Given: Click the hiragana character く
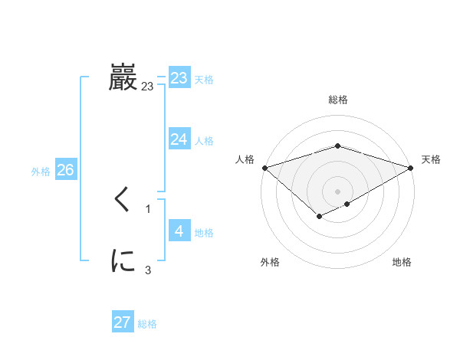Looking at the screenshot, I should (x=123, y=201).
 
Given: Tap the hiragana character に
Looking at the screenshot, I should (x=123, y=261).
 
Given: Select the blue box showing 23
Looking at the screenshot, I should (x=179, y=78).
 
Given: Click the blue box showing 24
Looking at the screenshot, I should (x=179, y=139).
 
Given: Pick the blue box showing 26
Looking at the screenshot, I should (x=65, y=170).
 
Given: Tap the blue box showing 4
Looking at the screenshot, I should (x=179, y=231).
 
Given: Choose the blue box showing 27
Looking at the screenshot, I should (x=123, y=322).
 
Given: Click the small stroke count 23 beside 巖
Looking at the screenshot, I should (x=147, y=87).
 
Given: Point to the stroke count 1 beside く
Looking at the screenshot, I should (x=148, y=208).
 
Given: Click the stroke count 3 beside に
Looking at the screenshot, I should (x=148, y=270).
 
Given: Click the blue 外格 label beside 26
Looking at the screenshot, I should (x=41, y=172).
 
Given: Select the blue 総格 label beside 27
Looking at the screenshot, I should (x=147, y=324).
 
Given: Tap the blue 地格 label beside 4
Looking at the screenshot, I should (x=204, y=233).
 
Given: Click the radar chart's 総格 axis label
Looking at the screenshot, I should (x=337, y=100).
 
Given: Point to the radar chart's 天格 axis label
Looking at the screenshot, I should (x=431, y=159).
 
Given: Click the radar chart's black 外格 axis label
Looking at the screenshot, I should (x=270, y=263).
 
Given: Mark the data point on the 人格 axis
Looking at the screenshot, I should (x=264, y=167).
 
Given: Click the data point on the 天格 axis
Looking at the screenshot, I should (x=411, y=167).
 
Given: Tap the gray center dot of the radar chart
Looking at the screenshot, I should (x=337, y=191).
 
